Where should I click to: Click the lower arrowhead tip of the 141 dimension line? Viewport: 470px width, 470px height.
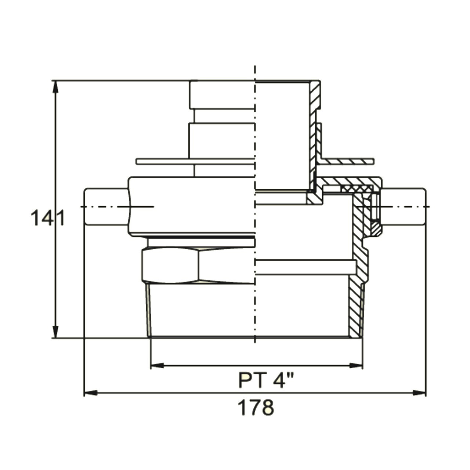click(x=56, y=338)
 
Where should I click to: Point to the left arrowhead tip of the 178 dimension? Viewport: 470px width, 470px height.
click(x=84, y=393)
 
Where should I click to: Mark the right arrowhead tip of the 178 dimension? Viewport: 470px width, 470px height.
click(x=426, y=393)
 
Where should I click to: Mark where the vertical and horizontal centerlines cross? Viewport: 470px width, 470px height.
click(x=255, y=207)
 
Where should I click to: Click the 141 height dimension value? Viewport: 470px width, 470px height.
click(x=48, y=218)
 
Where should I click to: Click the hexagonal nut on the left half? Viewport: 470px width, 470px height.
click(x=198, y=265)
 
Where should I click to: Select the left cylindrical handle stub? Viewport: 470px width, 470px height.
click(x=106, y=207)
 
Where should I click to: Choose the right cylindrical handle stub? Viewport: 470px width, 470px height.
click(x=404, y=207)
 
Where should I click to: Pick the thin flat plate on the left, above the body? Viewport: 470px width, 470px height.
click(x=195, y=161)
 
